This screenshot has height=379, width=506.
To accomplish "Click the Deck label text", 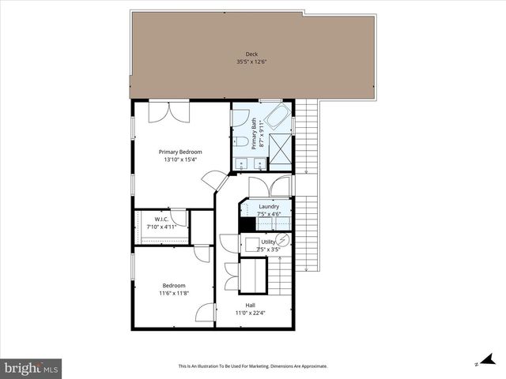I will tap(240, 54).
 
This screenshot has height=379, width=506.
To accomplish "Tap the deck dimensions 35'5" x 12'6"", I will tap(240, 62).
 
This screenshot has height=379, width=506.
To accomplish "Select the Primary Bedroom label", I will tap(179, 152).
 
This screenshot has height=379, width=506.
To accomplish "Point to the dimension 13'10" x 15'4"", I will tap(179, 159).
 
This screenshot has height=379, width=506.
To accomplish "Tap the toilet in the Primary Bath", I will tap(240, 141).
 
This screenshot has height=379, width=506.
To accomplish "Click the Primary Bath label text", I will tap(255, 133).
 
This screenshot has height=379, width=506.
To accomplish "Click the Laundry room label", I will tap(269, 206).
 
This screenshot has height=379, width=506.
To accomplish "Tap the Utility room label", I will tap(268, 242).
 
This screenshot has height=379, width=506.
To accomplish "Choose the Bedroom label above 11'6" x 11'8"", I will tap(174, 285).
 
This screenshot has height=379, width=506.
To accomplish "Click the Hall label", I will tap(250, 305).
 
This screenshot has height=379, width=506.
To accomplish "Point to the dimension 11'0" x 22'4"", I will tap(250, 313).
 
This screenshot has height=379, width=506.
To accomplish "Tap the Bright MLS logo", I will tap(31, 368).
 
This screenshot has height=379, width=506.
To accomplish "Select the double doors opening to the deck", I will tap(168, 111).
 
